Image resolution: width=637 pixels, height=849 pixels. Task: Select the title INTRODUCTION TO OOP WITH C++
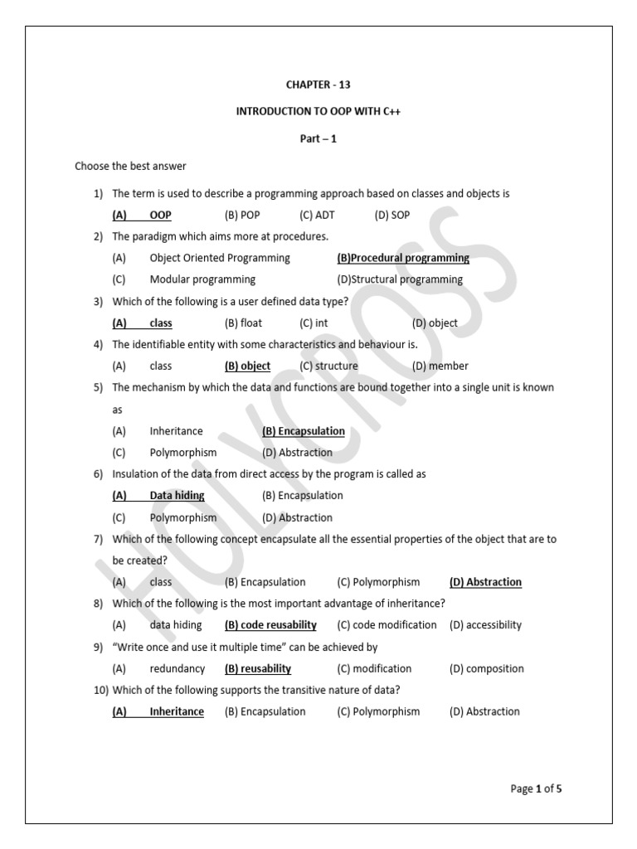(318, 112)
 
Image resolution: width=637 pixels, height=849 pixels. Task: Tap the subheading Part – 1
(318, 139)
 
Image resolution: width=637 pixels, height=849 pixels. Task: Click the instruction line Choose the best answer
(130, 166)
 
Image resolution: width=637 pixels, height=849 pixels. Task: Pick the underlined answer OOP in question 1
(160, 216)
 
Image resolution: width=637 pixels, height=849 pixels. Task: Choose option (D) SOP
(391, 216)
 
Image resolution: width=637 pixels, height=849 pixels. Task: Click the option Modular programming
(202, 279)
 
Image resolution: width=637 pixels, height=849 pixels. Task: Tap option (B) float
(245, 323)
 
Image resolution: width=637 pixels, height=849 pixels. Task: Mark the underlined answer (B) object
(247, 366)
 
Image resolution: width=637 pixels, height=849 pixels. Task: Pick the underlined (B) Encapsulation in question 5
(303, 431)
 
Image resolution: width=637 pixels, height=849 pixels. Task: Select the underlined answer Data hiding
(177, 496)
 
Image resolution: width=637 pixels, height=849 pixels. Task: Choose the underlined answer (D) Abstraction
(485, 582)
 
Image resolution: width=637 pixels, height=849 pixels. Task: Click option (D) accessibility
(485, 625)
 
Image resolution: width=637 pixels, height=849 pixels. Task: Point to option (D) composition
(487, 668)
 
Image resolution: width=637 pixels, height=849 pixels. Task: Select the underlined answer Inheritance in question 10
(177, 711)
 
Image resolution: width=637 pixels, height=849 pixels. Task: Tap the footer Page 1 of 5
(536, 788)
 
